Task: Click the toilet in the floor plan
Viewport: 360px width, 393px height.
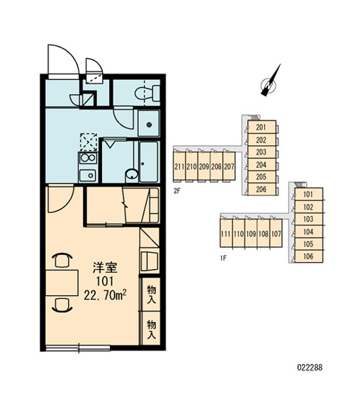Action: pos(147,93)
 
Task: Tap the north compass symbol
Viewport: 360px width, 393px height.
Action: pos(270,81)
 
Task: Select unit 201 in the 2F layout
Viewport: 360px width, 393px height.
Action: pos(262,127)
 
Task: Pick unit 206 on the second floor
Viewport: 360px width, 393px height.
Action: pos(262,189)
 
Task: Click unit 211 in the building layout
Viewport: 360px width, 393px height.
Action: pos(179,166)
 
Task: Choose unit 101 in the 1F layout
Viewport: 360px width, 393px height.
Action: pos(308,194)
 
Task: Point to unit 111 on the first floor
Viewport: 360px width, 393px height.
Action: pos(226,234)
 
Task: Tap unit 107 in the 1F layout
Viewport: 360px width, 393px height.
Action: pos(276,234)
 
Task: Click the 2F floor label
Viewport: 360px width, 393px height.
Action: pos(177,191)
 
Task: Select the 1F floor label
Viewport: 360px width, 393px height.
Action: pos(223,258)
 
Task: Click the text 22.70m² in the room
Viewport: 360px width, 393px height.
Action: pos(105,295)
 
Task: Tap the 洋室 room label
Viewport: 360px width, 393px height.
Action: pos(105,268)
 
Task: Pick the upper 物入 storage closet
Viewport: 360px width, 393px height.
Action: pos(151,295)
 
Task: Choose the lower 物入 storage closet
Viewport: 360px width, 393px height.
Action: pos(151,329)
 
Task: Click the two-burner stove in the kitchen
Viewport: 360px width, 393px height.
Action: pos(88,158)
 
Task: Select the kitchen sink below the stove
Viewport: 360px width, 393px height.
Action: pos(88,175)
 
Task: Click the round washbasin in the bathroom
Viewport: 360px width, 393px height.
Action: pos(132,173)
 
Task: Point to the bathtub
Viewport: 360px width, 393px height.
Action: pos(149,162)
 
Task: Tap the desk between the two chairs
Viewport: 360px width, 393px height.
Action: pos(62,283)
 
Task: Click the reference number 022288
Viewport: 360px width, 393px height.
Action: pos(310,368)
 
